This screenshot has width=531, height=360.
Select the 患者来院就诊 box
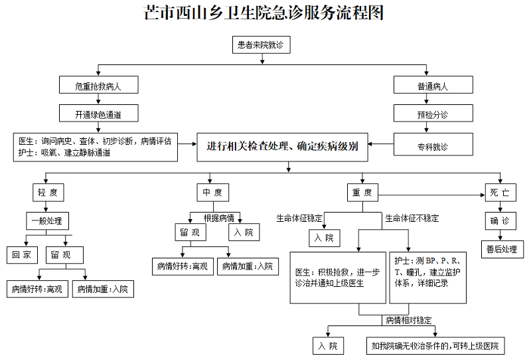[x=263, y=45]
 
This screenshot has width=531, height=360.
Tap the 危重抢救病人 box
[x=98, y=86]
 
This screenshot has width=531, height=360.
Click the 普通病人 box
[x=432, y=86]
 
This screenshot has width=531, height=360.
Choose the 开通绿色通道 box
[x=98, y=114]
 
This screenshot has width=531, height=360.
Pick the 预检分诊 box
[x=432, y=114]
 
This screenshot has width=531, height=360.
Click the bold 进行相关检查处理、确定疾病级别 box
[x=287, y=147]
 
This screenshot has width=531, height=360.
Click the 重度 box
[x=362, y=193]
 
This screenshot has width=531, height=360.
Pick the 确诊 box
[x=498, y=221]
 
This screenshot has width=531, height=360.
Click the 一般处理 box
[x=46, y=221]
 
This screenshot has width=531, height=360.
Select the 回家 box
[x=22, y=254]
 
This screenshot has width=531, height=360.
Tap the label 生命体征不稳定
[x=412, y=218]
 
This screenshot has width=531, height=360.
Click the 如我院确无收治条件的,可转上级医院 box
[x=435, y=345]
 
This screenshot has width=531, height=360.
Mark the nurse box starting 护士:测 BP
[x=428, y=272]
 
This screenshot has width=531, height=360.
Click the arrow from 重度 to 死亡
[x=431, y=194]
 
